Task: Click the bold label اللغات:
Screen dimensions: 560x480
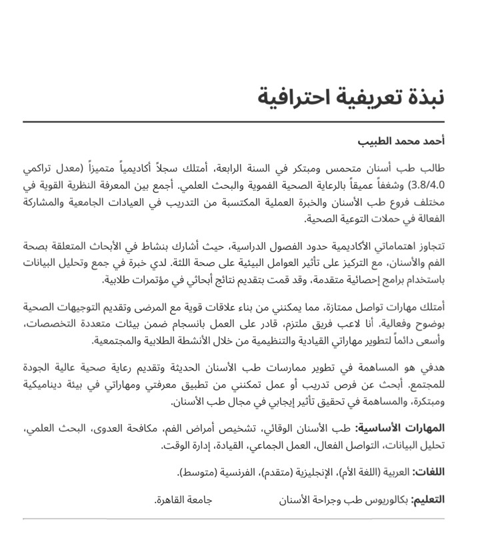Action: coord(429,473)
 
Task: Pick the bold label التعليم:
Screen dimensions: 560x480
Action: coord(427,499)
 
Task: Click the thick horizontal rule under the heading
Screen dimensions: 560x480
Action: coord(233,122)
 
